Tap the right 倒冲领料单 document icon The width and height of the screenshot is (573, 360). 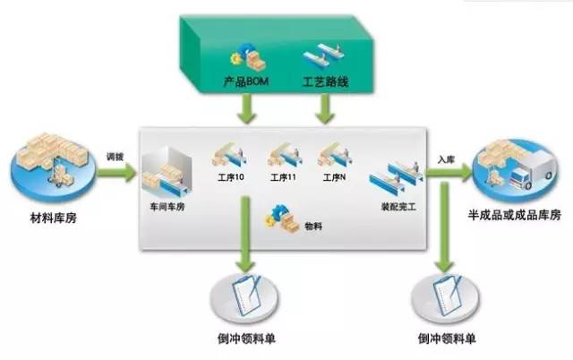(446, 295)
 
